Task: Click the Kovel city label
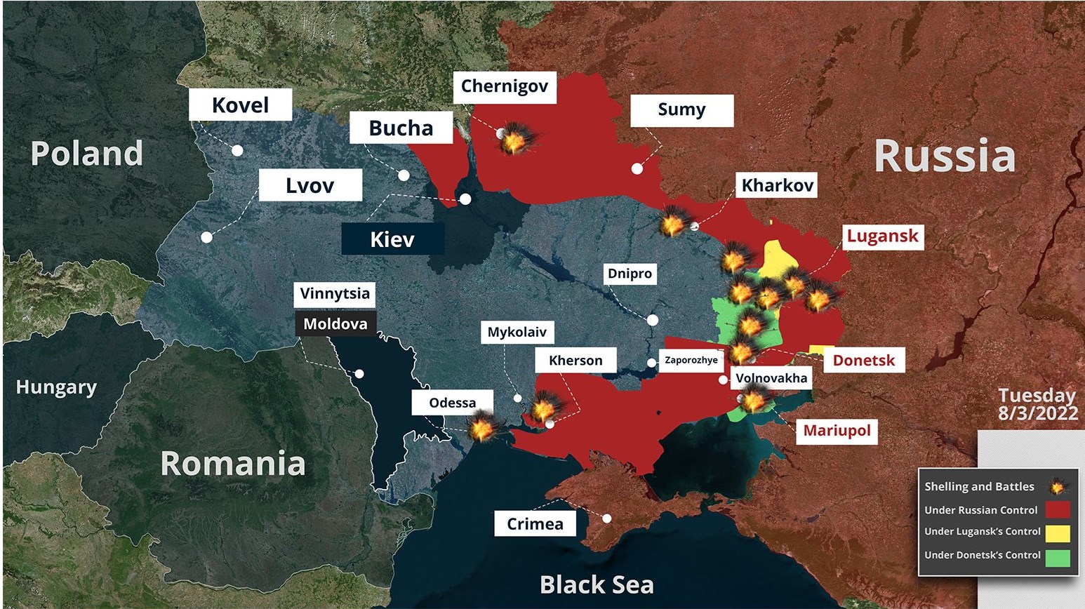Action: click(240, 105)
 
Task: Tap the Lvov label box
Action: click(310, 185)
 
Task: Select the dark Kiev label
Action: click(392, 239)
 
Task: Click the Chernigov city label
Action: click(504, 87)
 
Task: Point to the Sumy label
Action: click(681, 110)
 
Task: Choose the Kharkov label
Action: click(777, 185)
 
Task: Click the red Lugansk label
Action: click(882, 236)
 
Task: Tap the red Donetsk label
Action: click(864, 361)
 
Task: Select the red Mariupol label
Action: click(837, 430)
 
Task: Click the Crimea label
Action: click(535, 524)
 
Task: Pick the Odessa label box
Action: click(453, 403)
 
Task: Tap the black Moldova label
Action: click(335, 324)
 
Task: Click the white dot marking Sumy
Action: click(637, 168)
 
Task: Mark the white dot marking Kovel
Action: click(238, 151)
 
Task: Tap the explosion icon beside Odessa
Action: click(483, 427)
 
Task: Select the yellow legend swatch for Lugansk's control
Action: click(1058, 532)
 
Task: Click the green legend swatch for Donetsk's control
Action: click(1058, 556)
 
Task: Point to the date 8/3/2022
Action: click(1038, 413)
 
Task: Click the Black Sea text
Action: click(597, 584)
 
